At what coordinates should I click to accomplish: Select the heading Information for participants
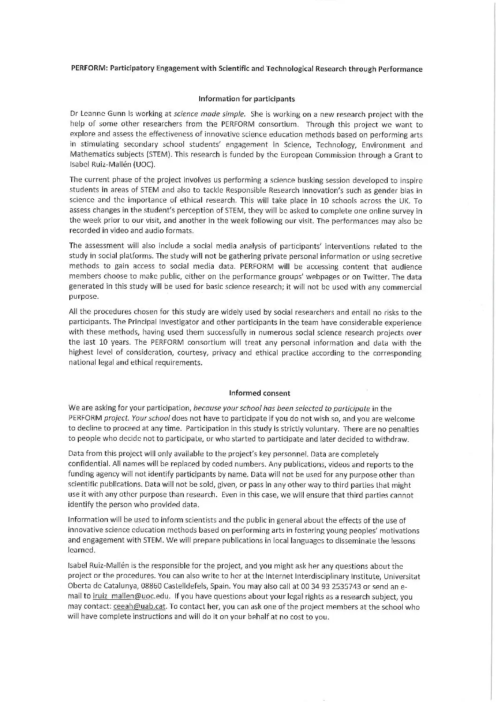click(247, 99)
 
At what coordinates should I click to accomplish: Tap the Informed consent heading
click(259, 393)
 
